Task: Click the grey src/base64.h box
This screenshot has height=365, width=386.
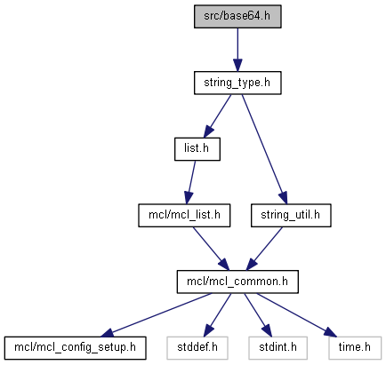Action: (x=237, y=17)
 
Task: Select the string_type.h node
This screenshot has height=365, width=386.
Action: (x=237, y=83)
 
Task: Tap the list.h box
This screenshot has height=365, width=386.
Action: (x=197, y=149)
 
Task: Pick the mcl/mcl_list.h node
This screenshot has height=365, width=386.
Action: (x=184, y=216)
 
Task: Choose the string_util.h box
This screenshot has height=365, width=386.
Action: (x=291, y=216)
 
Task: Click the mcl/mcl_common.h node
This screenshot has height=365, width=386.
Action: (x=237, y=282)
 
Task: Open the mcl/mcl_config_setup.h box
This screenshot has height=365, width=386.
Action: (x=75, y=348)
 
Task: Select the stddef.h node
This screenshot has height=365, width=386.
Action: (x=197, y=348)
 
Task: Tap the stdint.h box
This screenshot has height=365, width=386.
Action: (x=277, y=348)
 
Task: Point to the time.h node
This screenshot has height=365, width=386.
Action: (x=355, y=348)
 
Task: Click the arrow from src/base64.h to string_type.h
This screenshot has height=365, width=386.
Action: (x=237, y=50)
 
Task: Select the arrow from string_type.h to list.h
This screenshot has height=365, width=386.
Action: (x=217, y=116)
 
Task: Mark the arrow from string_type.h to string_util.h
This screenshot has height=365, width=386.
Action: (x=264, y=149)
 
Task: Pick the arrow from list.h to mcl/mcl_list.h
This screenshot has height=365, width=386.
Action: (x=190, y=182)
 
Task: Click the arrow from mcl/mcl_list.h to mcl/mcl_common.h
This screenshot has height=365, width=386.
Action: (x=211, y=249)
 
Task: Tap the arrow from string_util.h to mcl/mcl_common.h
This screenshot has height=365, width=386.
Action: (x=264, y=249)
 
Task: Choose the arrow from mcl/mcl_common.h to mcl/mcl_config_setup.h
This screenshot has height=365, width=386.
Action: (x=157, y=315)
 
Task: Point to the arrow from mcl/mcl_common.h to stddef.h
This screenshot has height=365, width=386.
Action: (x=217, y=315)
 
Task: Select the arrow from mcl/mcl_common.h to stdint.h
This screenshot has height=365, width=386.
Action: (x=258, y=315)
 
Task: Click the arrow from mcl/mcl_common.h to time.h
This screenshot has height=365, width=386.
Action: (x=296, y=315)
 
